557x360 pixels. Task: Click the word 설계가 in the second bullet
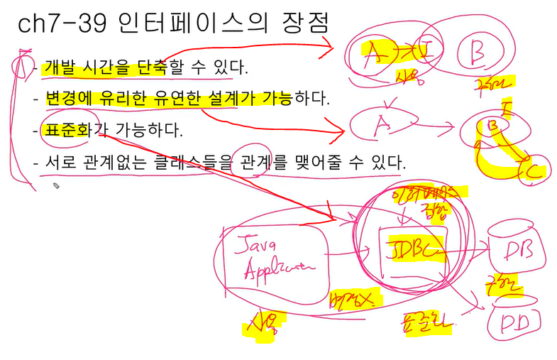coord(226,99)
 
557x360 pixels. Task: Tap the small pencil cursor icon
coord(56,186)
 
